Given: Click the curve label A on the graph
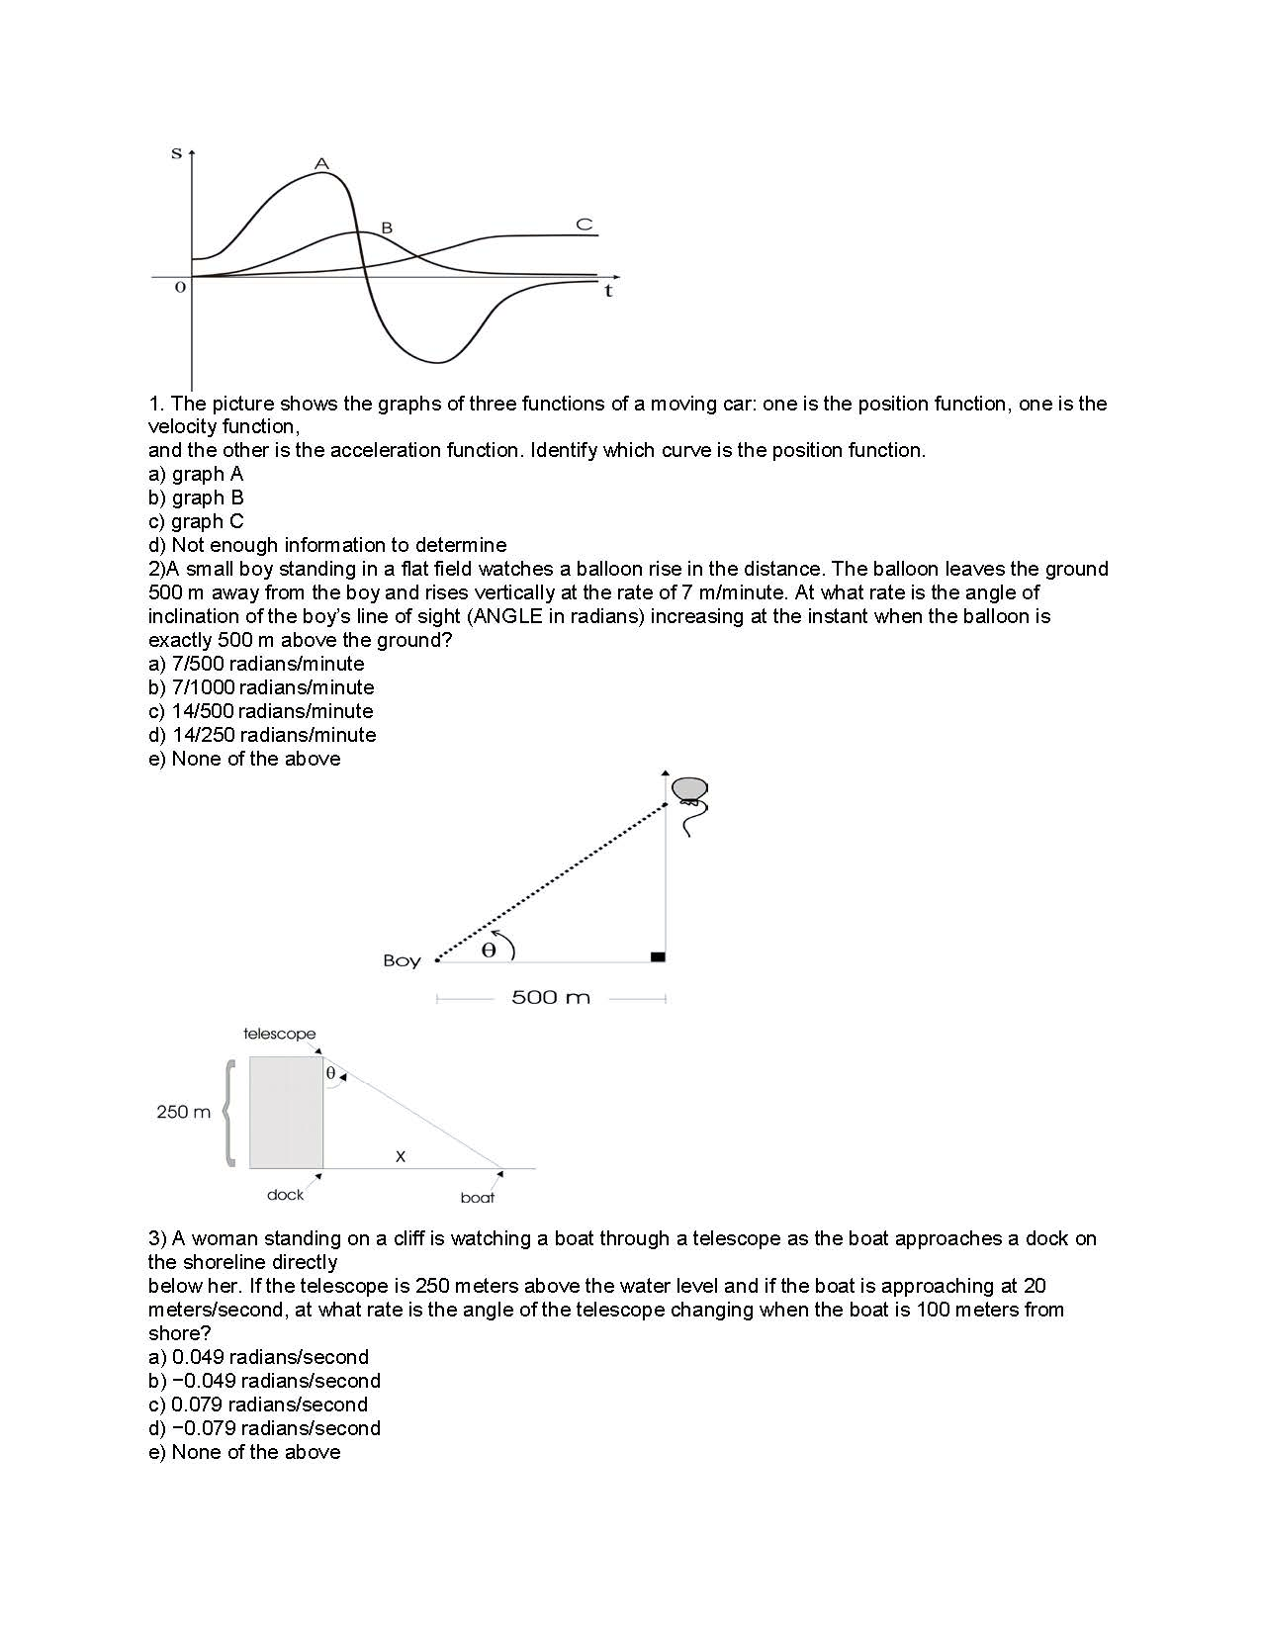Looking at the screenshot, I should [x=321, y=162].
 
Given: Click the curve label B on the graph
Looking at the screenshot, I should [x=387, y=227].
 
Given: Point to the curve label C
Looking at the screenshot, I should [x=585, y=225].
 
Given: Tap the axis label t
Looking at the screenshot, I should [x=608, y=292].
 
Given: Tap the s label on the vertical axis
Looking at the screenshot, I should [x=177, y=153].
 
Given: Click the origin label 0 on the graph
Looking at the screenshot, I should [x=179, y=288].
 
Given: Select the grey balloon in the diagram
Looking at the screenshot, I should [x=689, y=788].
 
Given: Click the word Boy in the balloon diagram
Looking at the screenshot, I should [x=402, y=960].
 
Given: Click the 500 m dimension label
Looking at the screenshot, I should [x=550, y=997].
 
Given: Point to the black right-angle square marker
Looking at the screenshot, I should [x=658, y=956].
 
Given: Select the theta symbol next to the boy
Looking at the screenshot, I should [x=488, y=951].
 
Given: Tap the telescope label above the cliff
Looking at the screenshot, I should [x=280, y=1034].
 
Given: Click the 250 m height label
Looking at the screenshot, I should [x=184, y=1112].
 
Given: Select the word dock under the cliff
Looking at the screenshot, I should [x=285, y=1195].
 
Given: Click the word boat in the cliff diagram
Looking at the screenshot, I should [x=478, y=1198].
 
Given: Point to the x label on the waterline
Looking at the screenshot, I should [x=401, y=1155].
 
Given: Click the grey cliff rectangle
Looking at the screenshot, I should [x=286, y=1112].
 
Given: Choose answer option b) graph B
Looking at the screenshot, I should [x=196, y=498].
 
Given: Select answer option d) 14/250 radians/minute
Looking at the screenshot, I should [x=262, y=735].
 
